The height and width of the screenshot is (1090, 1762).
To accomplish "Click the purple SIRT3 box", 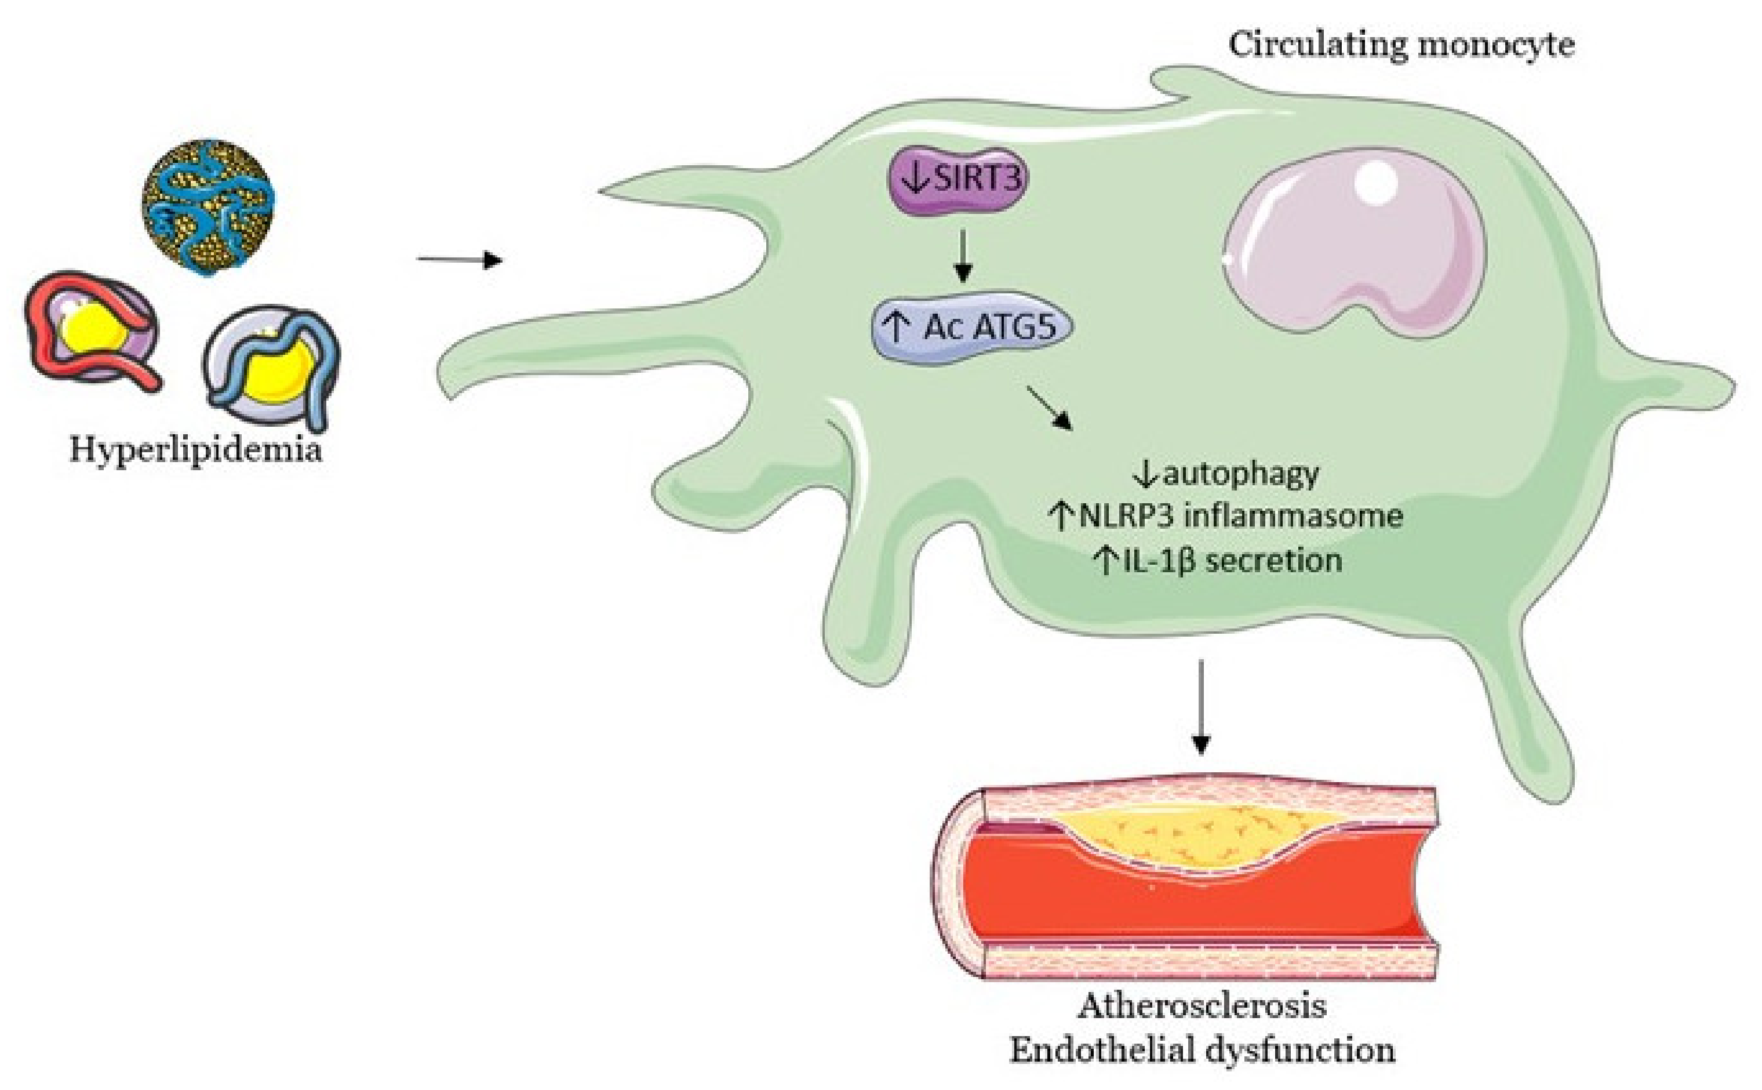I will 957,180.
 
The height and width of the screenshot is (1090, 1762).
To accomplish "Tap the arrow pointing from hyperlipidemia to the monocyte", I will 459,259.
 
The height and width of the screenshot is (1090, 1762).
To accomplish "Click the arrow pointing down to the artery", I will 1200,707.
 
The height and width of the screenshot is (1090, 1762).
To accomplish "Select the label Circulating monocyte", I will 1400,45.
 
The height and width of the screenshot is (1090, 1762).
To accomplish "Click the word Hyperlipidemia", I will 195,450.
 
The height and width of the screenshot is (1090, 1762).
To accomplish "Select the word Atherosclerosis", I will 1202,1006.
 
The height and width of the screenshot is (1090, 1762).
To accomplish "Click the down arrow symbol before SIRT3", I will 915,179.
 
